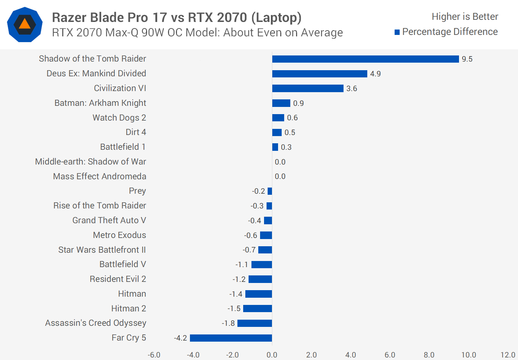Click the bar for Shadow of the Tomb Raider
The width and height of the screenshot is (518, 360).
tap(365, 59)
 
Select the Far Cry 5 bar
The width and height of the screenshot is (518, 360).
tap(231, 338)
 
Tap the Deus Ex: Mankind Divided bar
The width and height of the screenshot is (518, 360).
tap(319, 74)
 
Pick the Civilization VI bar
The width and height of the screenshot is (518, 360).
tap(308, 89)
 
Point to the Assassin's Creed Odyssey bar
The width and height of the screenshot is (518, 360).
tap(254, 323)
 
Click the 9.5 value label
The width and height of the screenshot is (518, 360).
tap(467, 59)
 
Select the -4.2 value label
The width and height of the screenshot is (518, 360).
tap(180, 338)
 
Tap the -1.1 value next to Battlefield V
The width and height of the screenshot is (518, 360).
tap(242, 265)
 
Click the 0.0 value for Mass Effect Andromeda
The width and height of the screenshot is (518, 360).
tap(280, 176)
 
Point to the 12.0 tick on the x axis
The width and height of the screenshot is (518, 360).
tap(508, 355)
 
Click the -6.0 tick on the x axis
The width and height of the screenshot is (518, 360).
tap(154, 355)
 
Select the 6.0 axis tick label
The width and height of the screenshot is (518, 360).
tap(390, 355)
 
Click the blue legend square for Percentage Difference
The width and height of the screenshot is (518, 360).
tap(397, 32)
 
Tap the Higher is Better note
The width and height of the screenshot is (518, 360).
tap(465, 17)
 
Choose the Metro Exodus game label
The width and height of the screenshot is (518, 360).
tap(119, 235)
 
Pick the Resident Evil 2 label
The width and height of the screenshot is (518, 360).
tap(118, 279)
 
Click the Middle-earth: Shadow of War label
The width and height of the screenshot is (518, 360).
tap(90, 162)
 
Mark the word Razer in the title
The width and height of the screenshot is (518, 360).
tap(69, 17)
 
